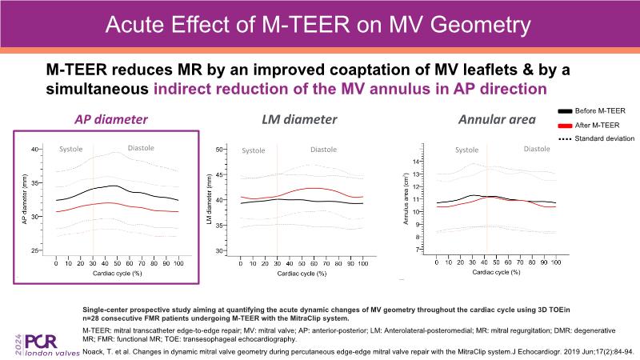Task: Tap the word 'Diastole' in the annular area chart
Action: pyautogui.click(x=537, y=149)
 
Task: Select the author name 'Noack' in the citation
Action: pyautogui.click(x=96, y=350)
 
